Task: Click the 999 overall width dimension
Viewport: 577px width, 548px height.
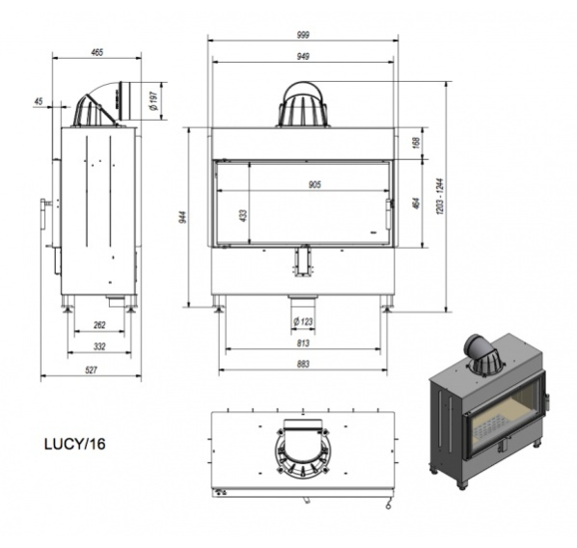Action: pos(303,35)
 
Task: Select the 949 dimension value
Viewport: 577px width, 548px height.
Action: pos(303,56)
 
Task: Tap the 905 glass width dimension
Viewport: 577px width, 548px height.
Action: pos(315,184)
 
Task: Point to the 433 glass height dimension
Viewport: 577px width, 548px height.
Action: pos(243,216)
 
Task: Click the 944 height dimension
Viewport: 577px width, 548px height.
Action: pos(184,217)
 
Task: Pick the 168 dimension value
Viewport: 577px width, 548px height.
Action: pos(416,143)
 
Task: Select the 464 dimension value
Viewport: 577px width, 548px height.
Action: pos(416,204)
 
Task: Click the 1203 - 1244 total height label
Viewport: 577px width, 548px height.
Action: pos(441,197)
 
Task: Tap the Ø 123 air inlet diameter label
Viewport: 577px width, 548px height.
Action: pos(303,321)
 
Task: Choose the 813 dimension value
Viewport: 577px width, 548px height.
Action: pos(303,343)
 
